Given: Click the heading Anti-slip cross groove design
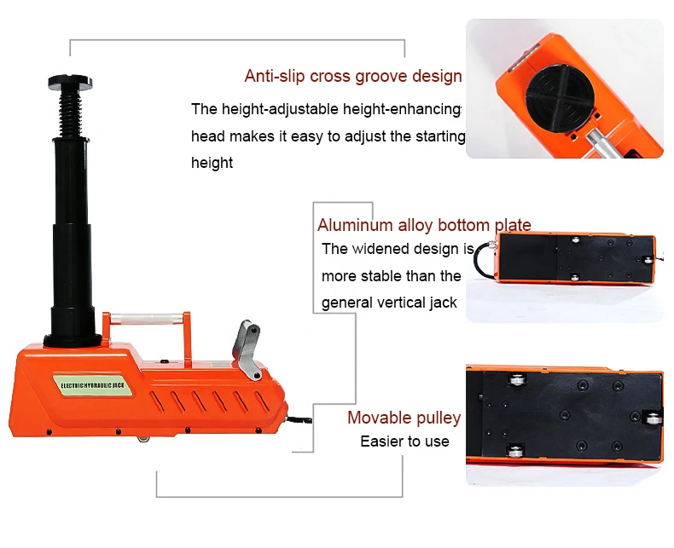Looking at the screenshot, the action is click(352, 76).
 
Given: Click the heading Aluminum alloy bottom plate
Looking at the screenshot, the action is click(424, 225).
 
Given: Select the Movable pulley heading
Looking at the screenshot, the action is click(404, 418).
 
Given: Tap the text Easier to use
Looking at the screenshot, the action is click(404, 441).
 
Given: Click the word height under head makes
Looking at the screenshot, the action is click(212, 162).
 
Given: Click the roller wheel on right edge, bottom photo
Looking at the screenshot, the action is click(654, 418).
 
